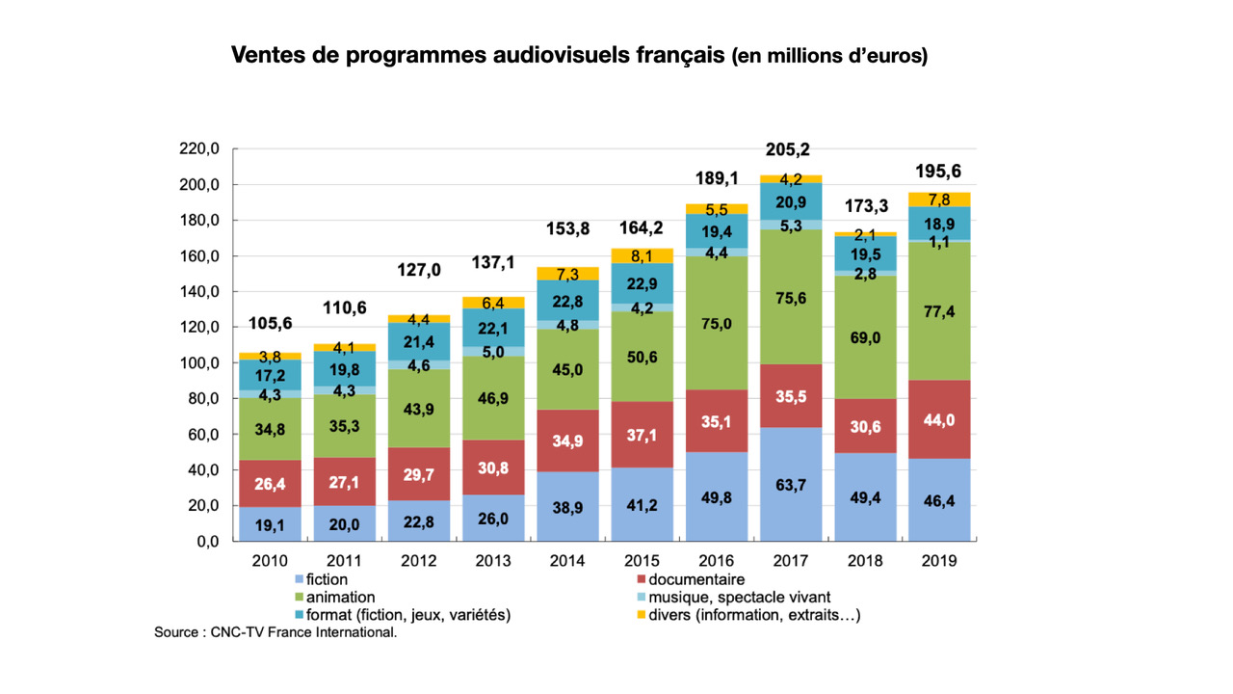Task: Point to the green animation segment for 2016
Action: click(x=716, y=324)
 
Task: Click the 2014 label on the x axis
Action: click(x=566, y=561)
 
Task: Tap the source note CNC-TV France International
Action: click(x=275, y=633)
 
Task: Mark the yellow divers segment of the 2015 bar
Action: click(x=641, y=256)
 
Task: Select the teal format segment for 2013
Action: click(x=492, y=328)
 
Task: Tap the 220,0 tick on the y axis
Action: click(x=199, y=148)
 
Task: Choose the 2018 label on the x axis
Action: click(x=863, y=561)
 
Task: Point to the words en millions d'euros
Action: click(x=830, y=56)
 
